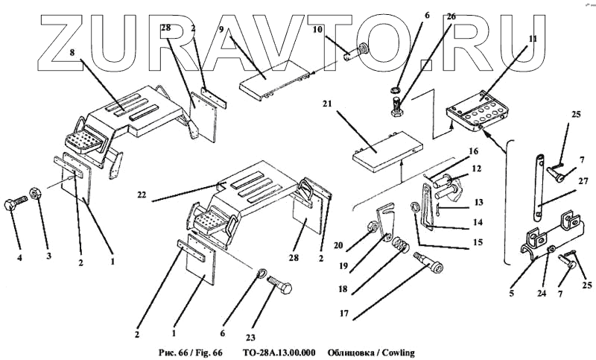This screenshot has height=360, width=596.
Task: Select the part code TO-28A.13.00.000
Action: pyautogui.click(x=279, y=352)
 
